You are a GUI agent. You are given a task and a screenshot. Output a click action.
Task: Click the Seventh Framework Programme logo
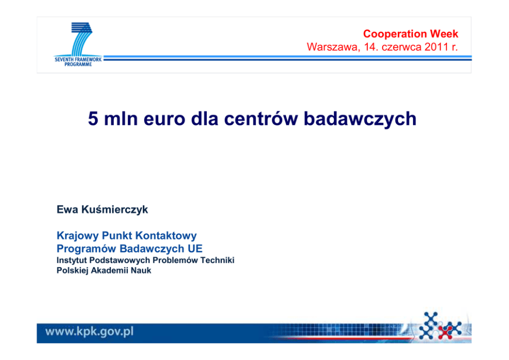point(78,45)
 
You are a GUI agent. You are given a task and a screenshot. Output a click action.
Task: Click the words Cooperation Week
point(410,34)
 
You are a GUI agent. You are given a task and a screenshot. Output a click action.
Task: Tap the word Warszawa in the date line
point(334,47)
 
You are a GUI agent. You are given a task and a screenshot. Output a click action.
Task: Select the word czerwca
point(402,47)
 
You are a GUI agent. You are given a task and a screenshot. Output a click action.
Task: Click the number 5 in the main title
point(93,119)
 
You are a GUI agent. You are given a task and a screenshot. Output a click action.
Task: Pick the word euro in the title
point(164,119)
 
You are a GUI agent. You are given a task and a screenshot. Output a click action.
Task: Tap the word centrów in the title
point(261,119)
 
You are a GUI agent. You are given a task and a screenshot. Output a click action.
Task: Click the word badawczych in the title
point(360,119)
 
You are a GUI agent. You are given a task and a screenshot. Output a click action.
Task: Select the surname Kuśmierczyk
point(114,210)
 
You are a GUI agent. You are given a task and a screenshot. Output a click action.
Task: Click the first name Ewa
point(67,210)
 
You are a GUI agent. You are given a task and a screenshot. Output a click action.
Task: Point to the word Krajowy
point(77,236)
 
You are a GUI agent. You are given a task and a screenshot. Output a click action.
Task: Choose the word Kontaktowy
point(166,236)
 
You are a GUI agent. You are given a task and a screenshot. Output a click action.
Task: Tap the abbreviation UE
point(195,249)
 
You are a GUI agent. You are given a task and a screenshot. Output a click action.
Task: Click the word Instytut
point(70,260)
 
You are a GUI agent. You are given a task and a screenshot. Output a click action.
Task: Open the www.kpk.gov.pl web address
point(89,332)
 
